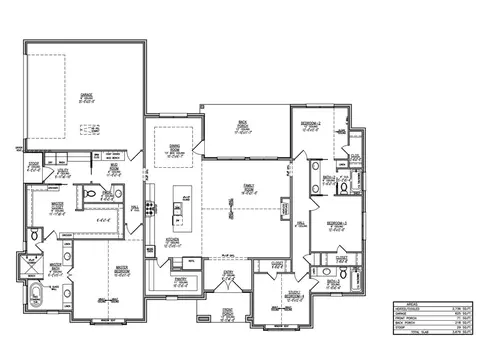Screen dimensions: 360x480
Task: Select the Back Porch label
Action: (x=242, y=126)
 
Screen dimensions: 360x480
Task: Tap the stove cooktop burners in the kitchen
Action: (x=151, y=208)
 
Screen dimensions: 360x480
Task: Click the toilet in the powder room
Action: (x=91, y=195)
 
